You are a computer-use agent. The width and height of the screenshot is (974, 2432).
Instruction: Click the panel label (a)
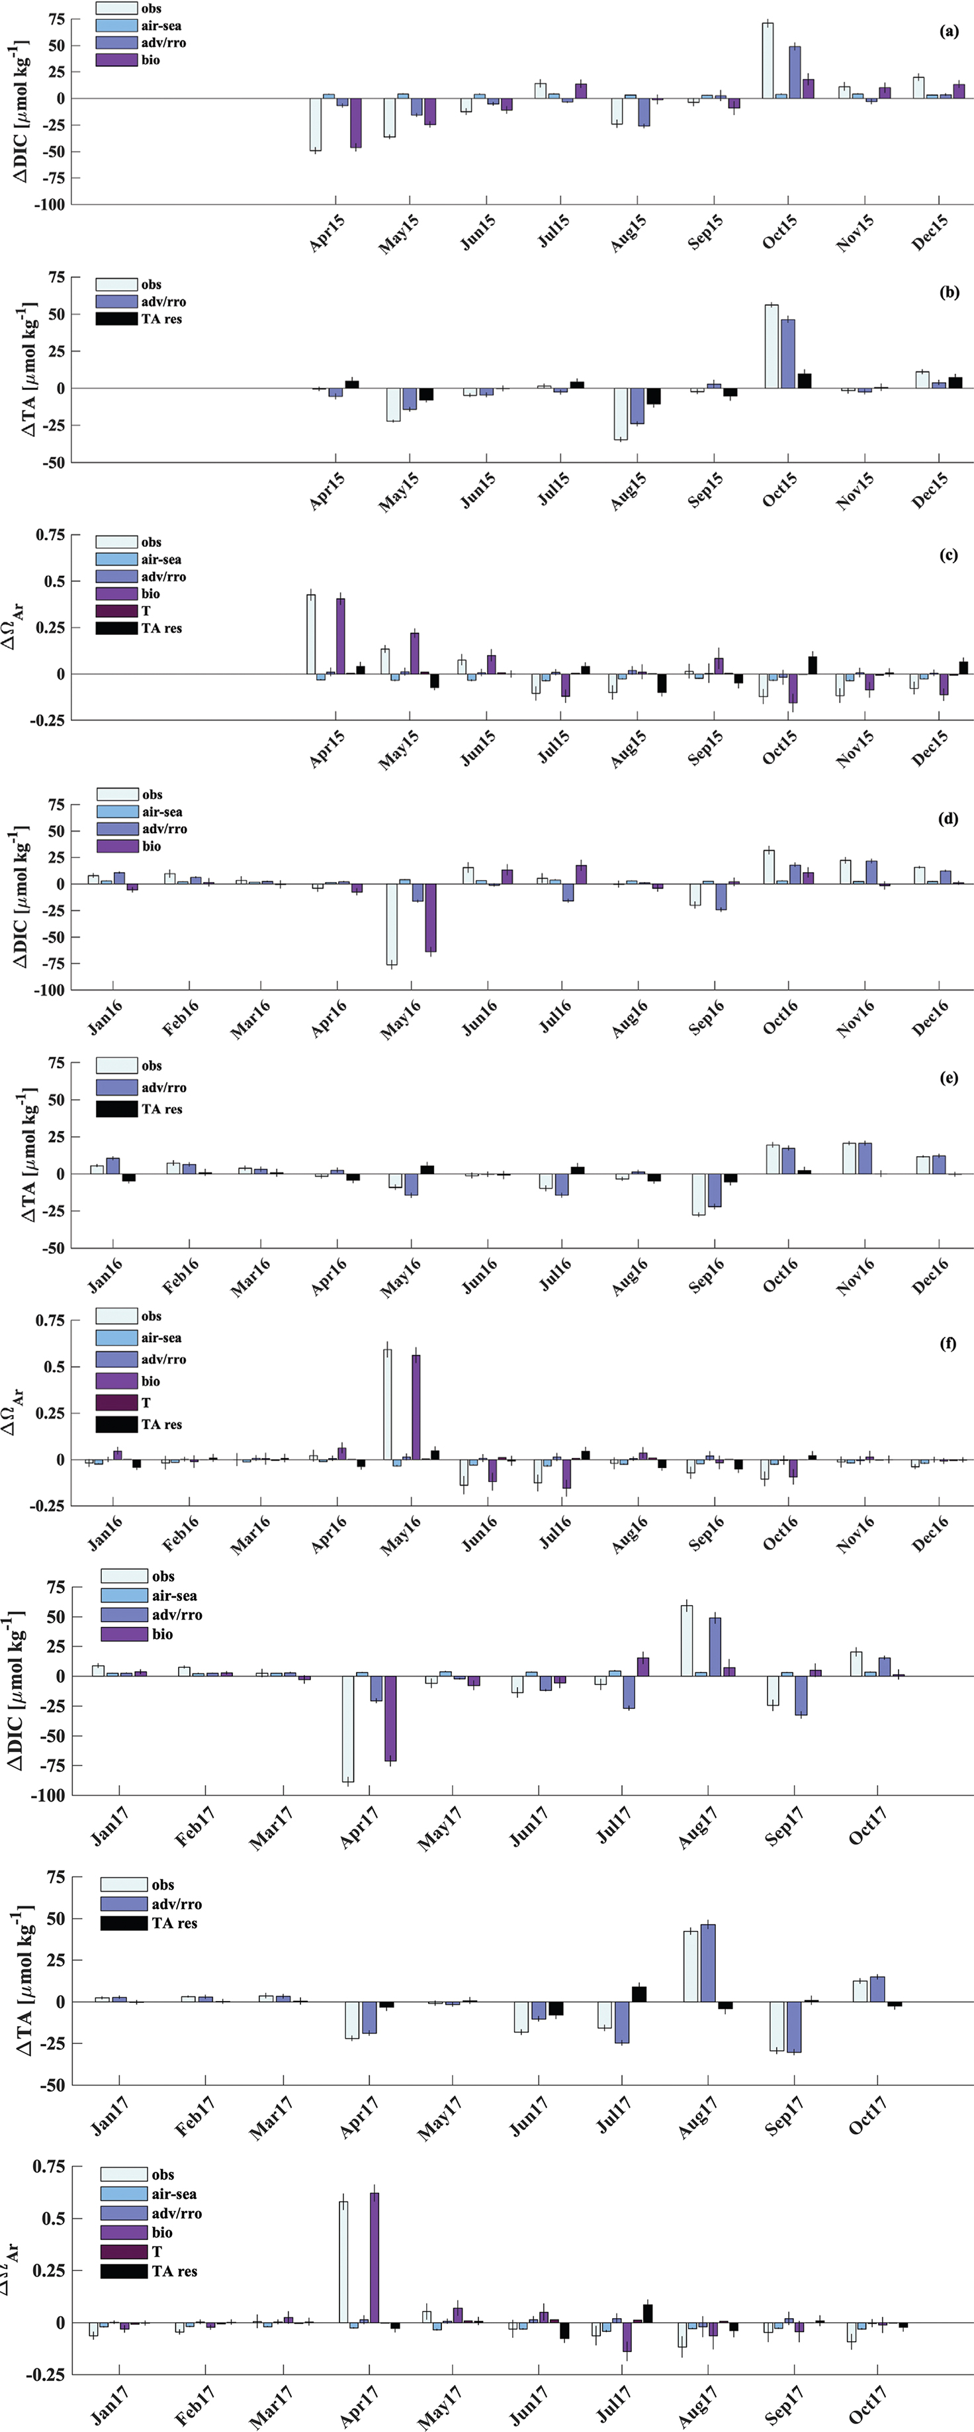948,31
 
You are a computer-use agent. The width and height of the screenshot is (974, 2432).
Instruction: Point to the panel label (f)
948,1343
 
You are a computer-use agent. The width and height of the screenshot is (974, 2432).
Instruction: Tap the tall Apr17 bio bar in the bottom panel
375,2268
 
